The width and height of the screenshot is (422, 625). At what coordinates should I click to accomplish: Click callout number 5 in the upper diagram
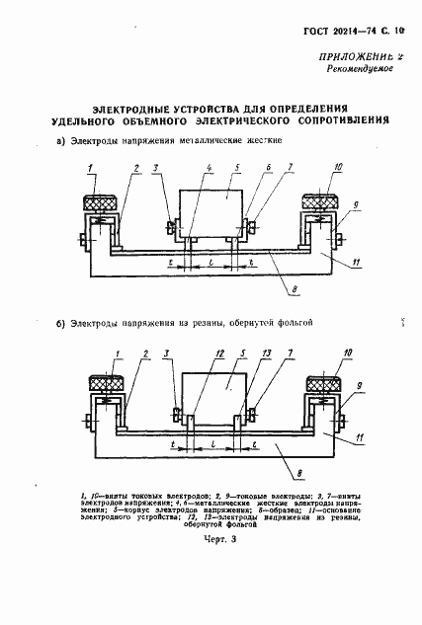pyautogui.click(x=227, y=168)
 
